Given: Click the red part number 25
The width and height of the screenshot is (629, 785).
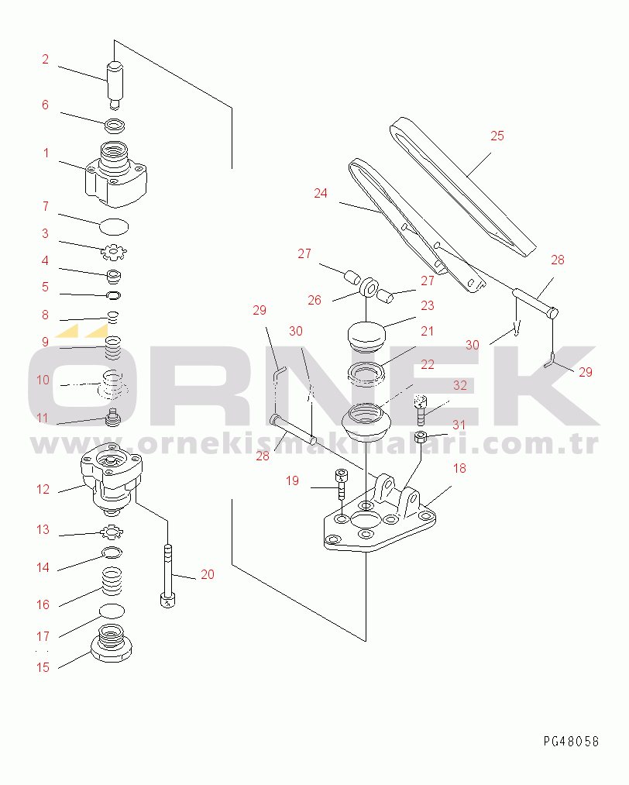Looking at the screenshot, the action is pyautogui.click(x=497, y=136).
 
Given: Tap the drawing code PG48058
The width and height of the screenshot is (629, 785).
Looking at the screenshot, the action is pyautogui.click(x=571, y=741).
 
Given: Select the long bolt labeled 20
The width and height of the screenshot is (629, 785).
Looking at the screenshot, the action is pyautogui.click(x=167, y=576).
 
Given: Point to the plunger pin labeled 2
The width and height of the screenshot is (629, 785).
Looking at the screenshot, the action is pyautogui.click(x=115, y=84).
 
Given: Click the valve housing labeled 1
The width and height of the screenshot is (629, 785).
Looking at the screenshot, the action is pyautogui.click(x=115, y=174).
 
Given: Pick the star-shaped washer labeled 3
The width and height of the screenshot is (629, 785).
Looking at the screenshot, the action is pyautogui.click(x=114, y=252).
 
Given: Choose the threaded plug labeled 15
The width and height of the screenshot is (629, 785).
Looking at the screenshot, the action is pyautogui.click(x=112, y=643).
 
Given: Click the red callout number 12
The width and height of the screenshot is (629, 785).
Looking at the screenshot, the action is pyautogui.click(x=43, y=489).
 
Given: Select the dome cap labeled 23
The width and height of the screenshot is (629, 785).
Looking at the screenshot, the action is pyautogui.click(x=366, y=336).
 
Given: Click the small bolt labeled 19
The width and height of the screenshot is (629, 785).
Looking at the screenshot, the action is pyautogui.click(x=342, y=484).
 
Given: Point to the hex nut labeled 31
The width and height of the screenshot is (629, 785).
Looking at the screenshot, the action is pyautogui.click(x=421, y=436).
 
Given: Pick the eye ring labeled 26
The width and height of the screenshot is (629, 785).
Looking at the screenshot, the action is pyautogui.click(x=369, y=287).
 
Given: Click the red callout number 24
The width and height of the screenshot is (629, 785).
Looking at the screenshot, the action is pyautogui.click(x=320, y=193).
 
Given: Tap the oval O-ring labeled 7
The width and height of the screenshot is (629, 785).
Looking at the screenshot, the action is pyautogui.click(x=114, y=227).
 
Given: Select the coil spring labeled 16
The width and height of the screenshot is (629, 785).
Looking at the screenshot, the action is pyautogui.click(x=112, y=580).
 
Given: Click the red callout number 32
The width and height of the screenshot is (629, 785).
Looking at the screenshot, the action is pyautogui.click(x=460, y=385).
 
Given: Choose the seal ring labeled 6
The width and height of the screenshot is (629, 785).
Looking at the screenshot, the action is pyautogui.click(x=115, y=126).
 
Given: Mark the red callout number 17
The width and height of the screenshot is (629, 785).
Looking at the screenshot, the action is pyautogui.click(x=43, y=636).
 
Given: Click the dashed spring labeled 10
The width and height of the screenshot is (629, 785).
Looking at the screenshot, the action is pyautogui.click(x=112, y=384).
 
